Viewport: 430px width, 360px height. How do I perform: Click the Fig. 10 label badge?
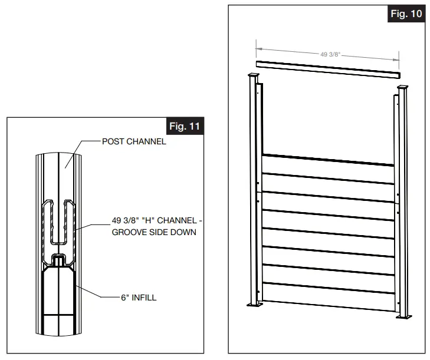coord(406,14)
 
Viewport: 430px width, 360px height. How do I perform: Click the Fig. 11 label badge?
coord(185,127)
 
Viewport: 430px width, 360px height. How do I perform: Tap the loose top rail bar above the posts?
coord(328,69)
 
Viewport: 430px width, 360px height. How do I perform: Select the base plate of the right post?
coord(405,317)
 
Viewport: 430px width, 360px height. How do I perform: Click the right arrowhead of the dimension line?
coord(398,57)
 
